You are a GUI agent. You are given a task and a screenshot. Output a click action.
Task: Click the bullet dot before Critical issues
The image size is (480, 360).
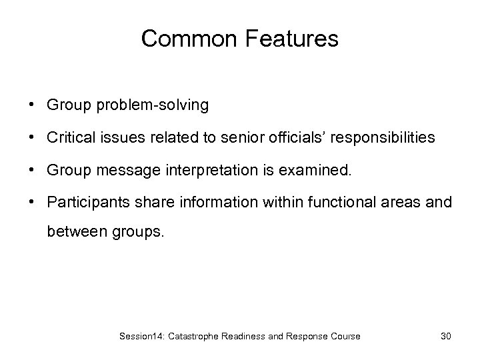[x=32, y=138]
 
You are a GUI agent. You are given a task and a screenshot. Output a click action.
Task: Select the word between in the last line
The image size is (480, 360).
[x=73, y=233]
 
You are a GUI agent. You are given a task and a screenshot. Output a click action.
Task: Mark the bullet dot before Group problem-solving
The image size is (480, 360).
[x=32, y=105]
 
